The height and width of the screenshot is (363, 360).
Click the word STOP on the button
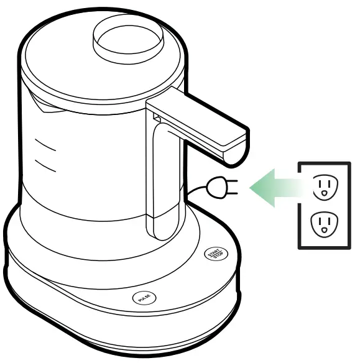click(x=217, y=256)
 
